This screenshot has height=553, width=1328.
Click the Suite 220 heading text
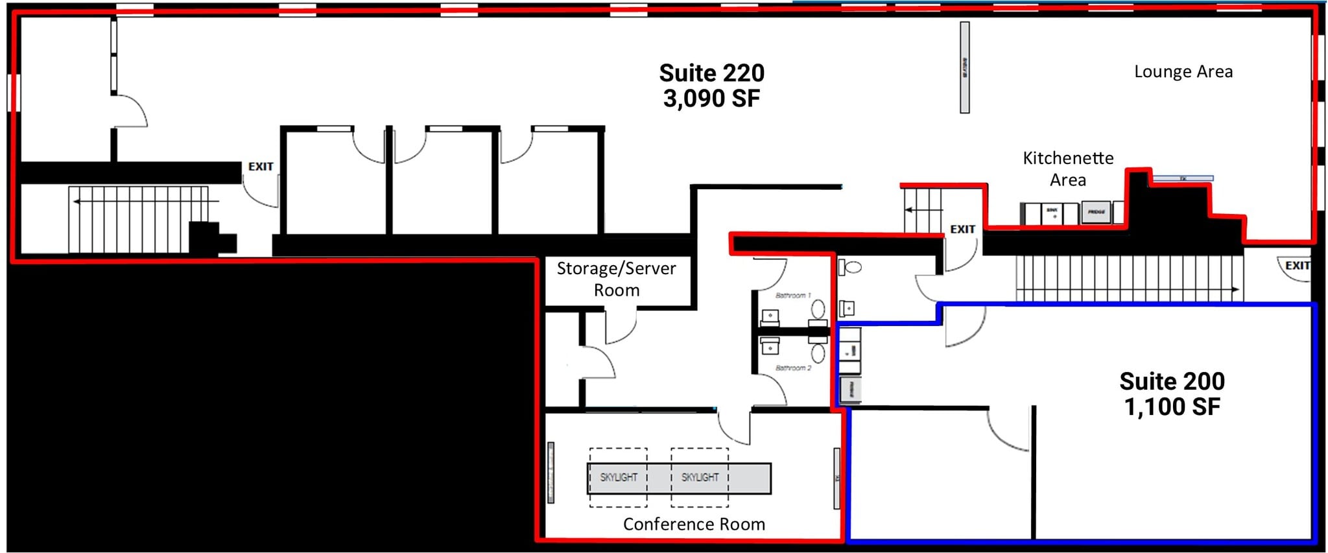(x=711, y=73)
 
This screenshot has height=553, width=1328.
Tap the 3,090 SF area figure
(x=711, y=99)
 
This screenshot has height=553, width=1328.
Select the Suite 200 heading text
(x=1172, y=381)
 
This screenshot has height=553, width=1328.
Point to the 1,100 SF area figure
(x=1172, y=407)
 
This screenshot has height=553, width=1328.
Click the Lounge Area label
(x=1183, y=72)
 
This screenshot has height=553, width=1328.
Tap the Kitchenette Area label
(x=1067, y=169)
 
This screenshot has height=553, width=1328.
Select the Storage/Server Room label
(x=616, y=279)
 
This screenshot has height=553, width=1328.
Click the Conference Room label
(x=693, y=524)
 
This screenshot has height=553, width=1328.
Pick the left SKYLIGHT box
(x=618, y=477)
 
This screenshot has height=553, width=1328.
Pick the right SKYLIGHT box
(x=700, y=477)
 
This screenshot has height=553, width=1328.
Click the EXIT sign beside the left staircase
(x=261, y=167)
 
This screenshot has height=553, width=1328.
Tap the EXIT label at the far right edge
(x=1297, y=266)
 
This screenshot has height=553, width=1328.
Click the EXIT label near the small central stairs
(x=962, y=229)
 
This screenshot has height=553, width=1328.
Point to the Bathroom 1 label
(x=792, y=296)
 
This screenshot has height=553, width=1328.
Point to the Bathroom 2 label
(x=792, y=368)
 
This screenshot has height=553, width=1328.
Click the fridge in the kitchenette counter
(x=1096, y=212)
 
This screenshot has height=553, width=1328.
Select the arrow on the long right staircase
(x=1235, y=289)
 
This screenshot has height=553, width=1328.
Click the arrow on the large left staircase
(x=77, y=202)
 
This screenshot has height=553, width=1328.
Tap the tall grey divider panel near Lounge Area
(x=964, y=67)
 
